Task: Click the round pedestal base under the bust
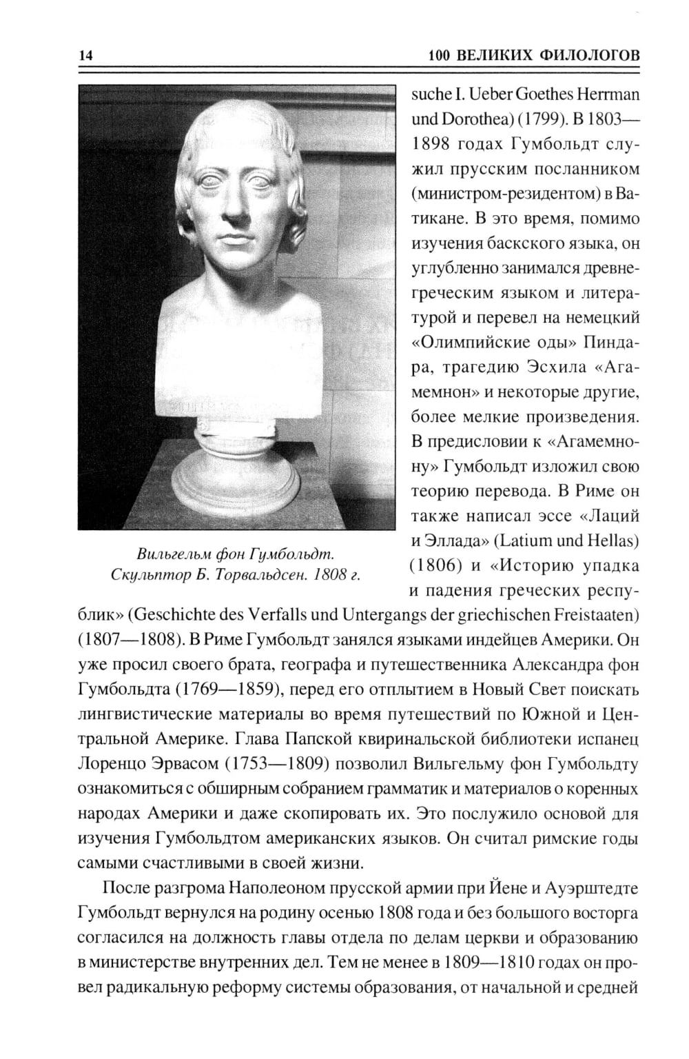[x=234, y=483]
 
